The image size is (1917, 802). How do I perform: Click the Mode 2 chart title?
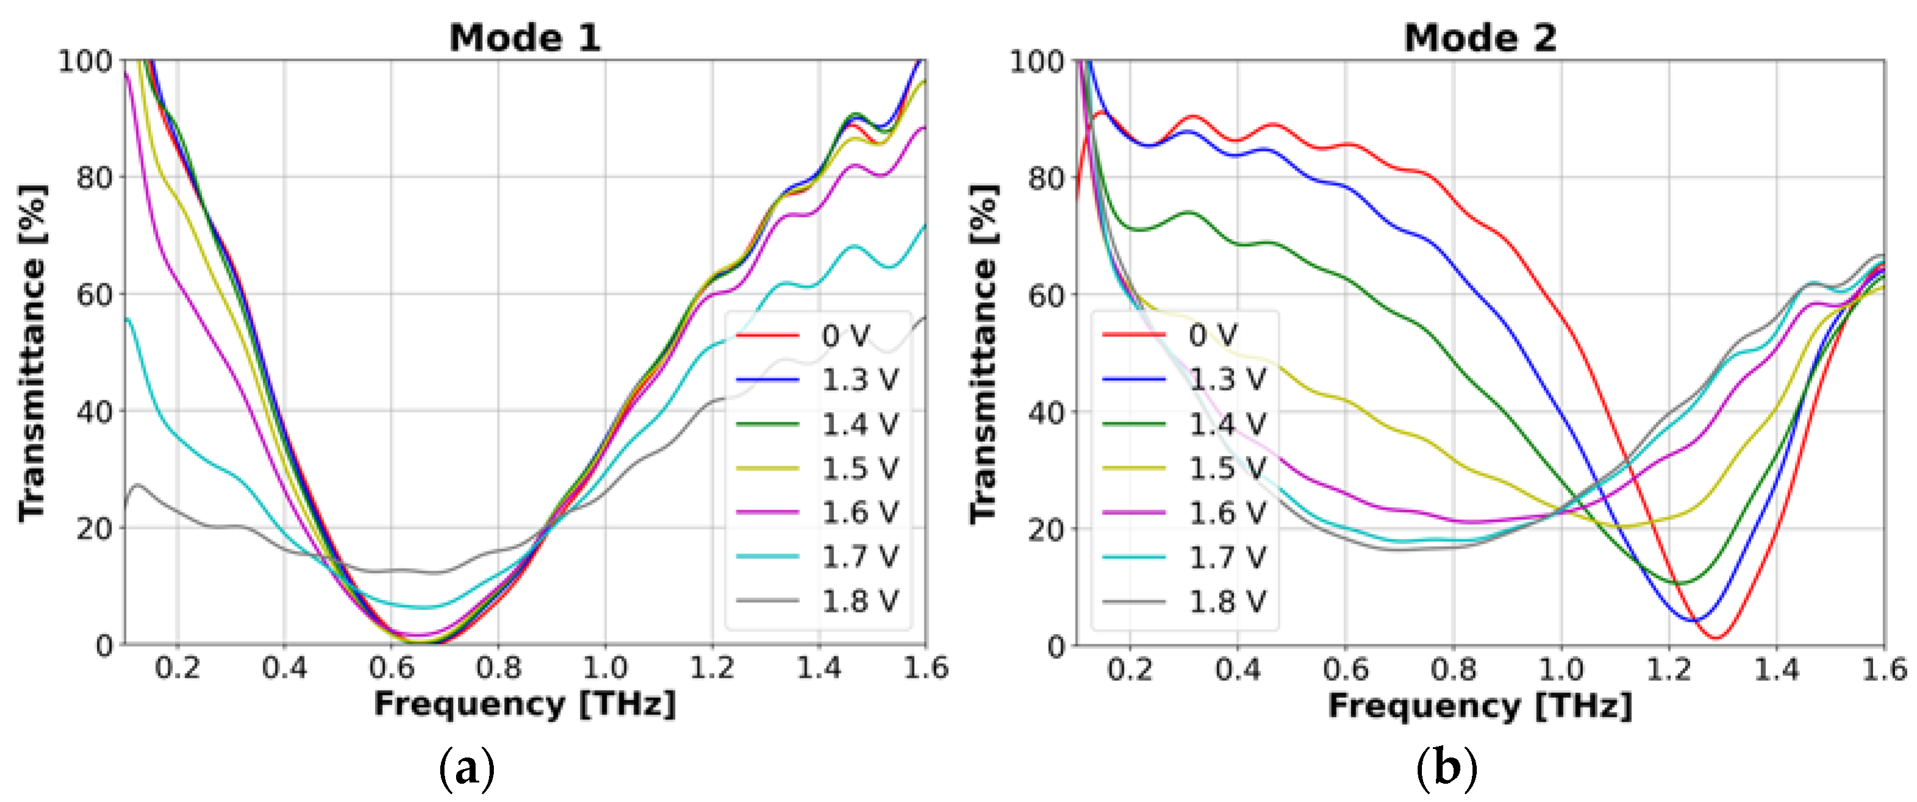tap(1479, 37)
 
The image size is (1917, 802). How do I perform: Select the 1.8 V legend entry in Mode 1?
tap(860, 601)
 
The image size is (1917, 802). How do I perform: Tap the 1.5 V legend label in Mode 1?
tap(860, 469)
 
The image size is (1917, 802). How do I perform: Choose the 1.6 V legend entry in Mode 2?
tap(1226, 513)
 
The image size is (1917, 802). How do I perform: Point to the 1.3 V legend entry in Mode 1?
tap(860, 380)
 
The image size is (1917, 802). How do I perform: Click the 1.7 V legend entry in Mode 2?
tap(1226, 556)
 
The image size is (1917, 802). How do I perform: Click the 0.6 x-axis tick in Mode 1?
tap(391, 667)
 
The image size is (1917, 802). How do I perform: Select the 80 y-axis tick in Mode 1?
tap(94, 177)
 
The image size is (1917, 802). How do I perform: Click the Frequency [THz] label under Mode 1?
tap(524, 704)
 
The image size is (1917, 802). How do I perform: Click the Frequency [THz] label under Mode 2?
tap(1479, 705)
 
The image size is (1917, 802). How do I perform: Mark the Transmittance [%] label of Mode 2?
tap(983, 353)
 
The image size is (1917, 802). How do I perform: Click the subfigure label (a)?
tap(466, 770)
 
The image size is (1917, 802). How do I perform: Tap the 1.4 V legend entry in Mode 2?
tap(1226, 424)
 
